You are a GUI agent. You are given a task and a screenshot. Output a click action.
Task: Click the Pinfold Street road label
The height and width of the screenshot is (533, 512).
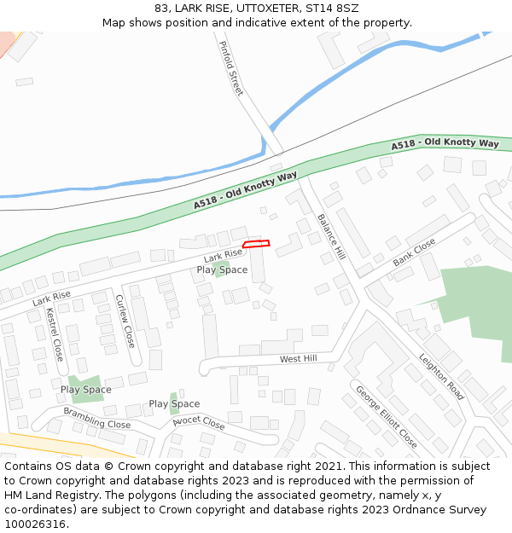coord(231,68)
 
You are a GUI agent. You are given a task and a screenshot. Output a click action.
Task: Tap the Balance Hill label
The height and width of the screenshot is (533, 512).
coord(331,235)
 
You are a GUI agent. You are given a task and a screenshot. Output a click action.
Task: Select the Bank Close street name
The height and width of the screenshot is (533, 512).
coord(414,252)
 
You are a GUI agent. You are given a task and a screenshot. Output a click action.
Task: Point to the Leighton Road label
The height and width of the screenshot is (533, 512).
coord(441,377)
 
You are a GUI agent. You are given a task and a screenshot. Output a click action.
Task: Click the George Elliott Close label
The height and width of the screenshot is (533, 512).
coord(386,417)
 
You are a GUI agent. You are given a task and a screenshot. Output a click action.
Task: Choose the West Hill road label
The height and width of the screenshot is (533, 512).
coord(298,359)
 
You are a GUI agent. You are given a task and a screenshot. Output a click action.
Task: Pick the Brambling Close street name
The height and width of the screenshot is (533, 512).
coord(96,419)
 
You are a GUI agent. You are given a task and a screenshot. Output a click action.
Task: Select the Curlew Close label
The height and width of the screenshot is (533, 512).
coord(125,321)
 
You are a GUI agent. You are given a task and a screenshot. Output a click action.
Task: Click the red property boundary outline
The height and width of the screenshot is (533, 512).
coord(256,245)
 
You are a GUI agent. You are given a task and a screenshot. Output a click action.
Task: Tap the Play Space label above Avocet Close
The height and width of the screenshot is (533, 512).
coord(174,404)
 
